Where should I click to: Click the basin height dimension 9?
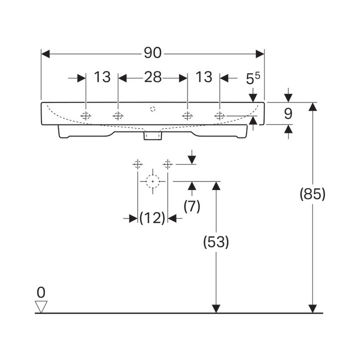[x=288, y=114]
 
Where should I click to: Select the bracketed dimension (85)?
[x=312, y=193]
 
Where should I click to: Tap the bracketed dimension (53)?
[x=216, y=242]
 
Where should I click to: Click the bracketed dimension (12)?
[x=152, y=218]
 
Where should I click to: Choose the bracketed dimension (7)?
[x=191, y=206]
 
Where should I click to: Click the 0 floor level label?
[x=41, y=292]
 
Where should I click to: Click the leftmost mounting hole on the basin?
[x=86, y=116]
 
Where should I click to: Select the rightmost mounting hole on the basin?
[x=219, y=116]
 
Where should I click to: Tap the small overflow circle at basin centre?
[x=153, y=108]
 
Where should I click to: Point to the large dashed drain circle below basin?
[x=152, y=181]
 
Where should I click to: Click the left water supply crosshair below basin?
[x=137, y=163]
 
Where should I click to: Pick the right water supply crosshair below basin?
[x=168, y=163]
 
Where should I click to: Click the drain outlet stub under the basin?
[x=152, y=135]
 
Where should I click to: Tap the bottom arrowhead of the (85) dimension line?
[x=312, y=308]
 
